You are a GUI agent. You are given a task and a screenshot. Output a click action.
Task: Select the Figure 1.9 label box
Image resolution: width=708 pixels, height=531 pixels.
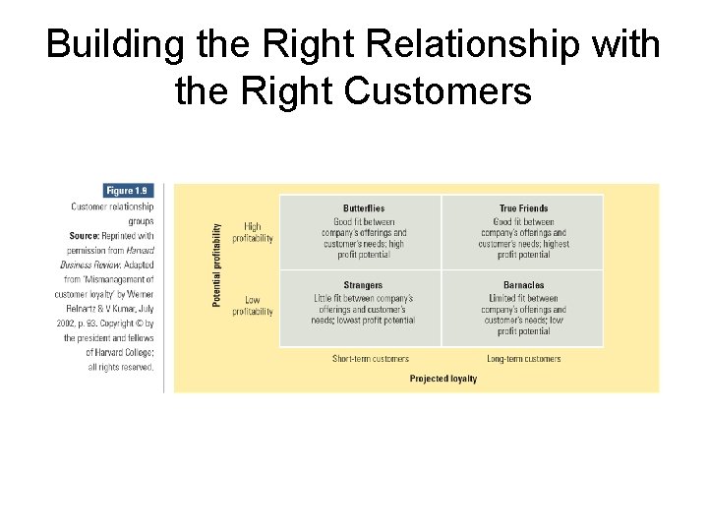pos(129,190)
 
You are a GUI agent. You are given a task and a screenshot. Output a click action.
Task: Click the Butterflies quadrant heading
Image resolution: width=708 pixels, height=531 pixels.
pos(363,208)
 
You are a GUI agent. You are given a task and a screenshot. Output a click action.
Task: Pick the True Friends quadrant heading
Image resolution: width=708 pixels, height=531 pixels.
pos(523,208)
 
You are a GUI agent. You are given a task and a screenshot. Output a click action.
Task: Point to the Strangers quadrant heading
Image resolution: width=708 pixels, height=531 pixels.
pos(363,285)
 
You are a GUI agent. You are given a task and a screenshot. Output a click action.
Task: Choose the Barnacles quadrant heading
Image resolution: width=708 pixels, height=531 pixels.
pos(523,285)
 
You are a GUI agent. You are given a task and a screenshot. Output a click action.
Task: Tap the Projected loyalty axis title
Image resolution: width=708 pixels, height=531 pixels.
pos(442,379)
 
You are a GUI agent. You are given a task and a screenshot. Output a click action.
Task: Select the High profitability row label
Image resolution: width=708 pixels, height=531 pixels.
pos(253,232)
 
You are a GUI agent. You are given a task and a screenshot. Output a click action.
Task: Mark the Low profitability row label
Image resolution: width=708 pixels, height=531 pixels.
pos(253,306)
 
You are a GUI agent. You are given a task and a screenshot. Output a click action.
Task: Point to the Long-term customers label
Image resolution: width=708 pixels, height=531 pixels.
pos(523,359)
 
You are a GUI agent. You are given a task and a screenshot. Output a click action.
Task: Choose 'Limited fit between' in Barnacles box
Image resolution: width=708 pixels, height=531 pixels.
pos(523,298)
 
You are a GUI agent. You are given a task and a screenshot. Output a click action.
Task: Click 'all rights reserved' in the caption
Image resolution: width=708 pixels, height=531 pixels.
pos(121,367)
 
